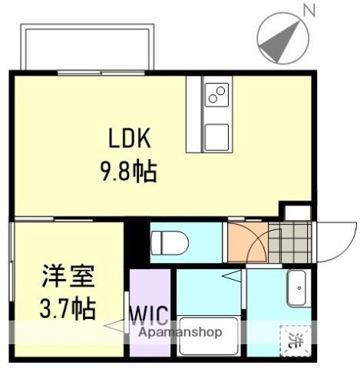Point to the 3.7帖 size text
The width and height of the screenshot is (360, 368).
pyautogui.click(x=68, y=308)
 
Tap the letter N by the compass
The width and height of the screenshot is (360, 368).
pyautogui.click(x=309, y=10)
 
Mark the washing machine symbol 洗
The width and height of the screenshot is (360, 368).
pyautogui.click(x=295, y=337)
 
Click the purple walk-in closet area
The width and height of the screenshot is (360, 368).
pyautogui.click(x=150, y=295)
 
